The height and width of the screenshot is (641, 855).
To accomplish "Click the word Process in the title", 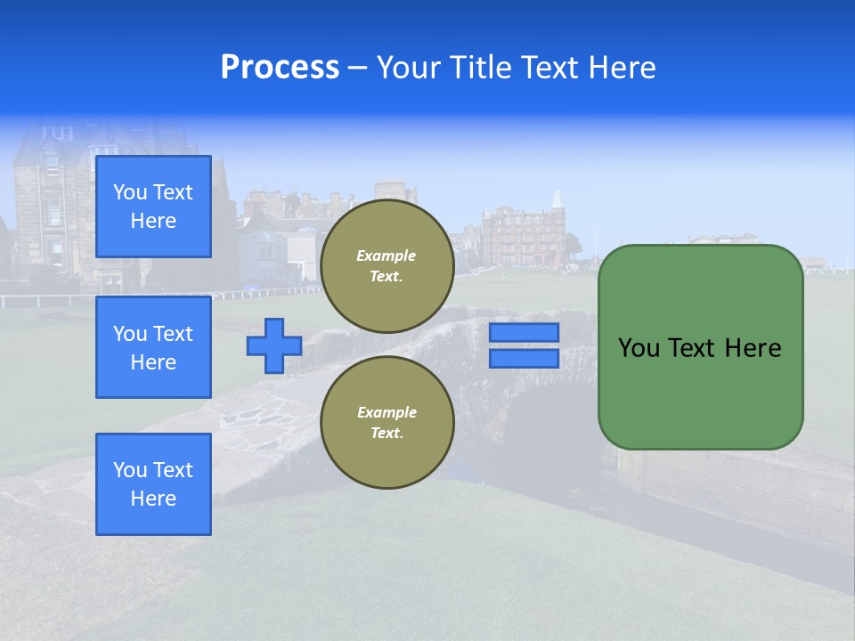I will tap(280, 68).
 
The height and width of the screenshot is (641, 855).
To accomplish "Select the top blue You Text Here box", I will tap(153, 207).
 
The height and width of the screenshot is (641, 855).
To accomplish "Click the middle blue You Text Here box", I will tap(153, 347).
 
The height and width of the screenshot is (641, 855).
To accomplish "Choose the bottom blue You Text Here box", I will tap(153, 483).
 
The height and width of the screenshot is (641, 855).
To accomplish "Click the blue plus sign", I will tap(274, 345).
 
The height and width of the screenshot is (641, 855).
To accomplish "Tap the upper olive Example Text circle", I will tap(387, 266).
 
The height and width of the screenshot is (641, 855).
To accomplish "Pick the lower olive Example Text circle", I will tap(387, 422).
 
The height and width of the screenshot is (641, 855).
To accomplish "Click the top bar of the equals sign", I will tap(524, 333).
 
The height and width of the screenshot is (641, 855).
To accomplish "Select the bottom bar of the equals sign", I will tap(524, 358).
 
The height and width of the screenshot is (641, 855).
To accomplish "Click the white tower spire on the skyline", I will tap(558, 200).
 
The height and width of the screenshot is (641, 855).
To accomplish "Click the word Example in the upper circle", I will tap(387, 256).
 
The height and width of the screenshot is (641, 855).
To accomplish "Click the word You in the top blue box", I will tap(130, 192).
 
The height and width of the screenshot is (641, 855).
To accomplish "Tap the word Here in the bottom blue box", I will tap(153, 499).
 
